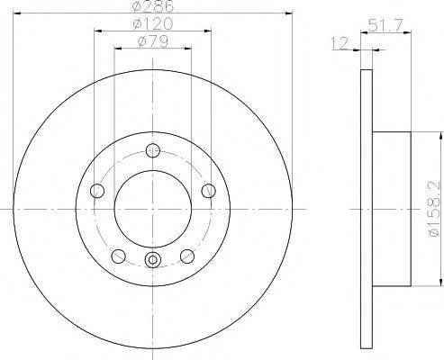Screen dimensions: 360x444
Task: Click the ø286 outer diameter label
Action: click(150, 7)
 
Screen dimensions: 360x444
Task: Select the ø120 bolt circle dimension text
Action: click(150, 23)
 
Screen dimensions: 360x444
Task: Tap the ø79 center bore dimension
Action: click(150, 40)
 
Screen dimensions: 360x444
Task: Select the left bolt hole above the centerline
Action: click(96, 190)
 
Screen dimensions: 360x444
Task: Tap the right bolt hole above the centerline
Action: click(208, 190)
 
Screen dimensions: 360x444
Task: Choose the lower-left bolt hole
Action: click(118, 256)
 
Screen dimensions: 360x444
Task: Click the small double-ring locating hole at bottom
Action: click(152, 261)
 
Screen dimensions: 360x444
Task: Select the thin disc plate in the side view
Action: click(365, 209)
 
